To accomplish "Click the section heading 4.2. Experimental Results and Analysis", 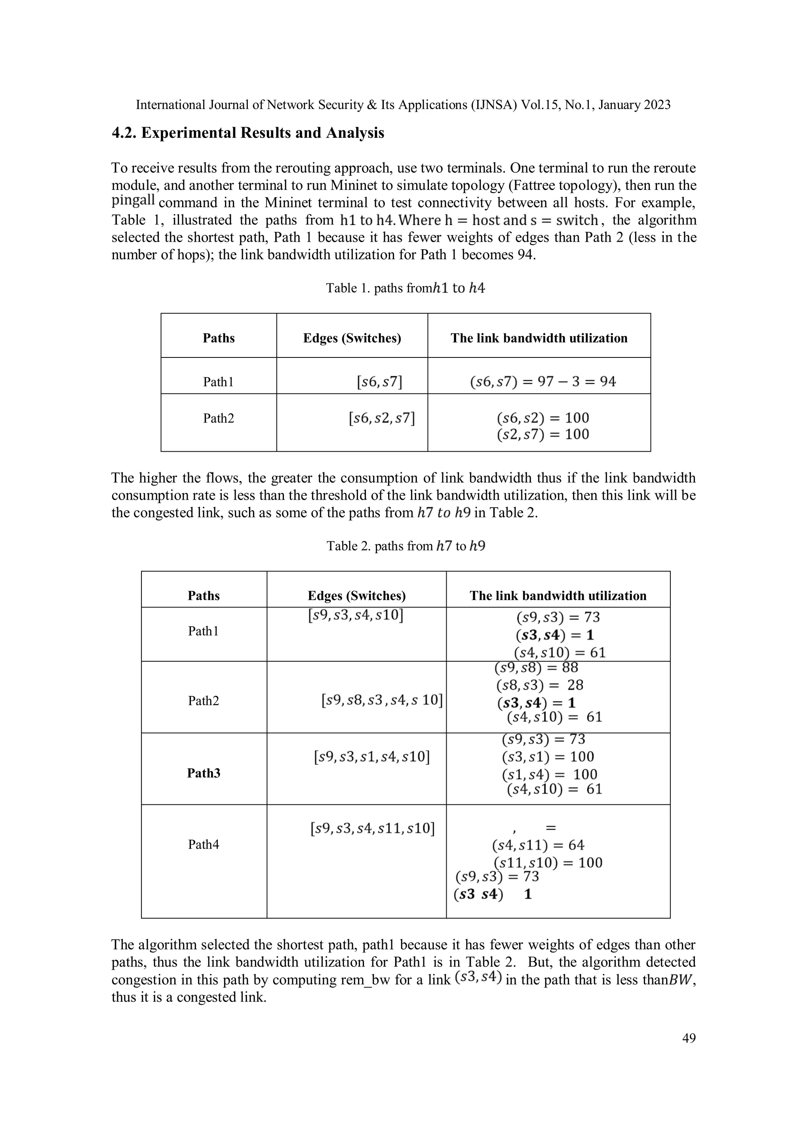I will tap(248, 133).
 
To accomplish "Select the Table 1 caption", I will tap(405, 288).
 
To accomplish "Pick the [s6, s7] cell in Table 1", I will tap(379, 382).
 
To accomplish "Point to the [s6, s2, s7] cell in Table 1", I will tap(382, 418).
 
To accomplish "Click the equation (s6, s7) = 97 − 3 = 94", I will tap(543, 382).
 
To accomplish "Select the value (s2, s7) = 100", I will tap(543, 434).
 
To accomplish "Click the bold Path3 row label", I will tap(204, 773).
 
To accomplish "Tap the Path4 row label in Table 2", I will tap(204, 844).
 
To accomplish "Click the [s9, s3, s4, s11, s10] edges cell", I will tap(372, 829).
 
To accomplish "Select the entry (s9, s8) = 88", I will tap(536, 667).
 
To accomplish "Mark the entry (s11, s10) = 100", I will tap(548, 863).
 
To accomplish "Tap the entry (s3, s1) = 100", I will tap(548, 756).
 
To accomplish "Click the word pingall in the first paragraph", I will tap(133, 201).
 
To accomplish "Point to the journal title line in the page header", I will tap(403, 105).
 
